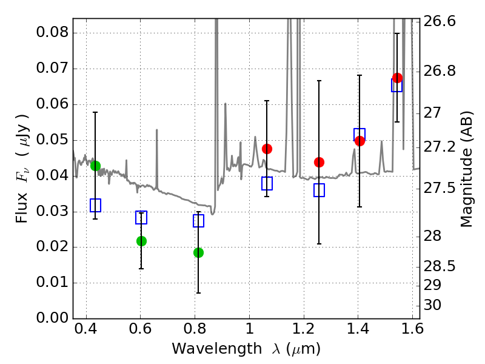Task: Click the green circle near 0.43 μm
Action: (x=95, y=166)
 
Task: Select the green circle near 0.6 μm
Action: (x=141, y=241)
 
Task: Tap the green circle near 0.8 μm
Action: (x=198, y=252)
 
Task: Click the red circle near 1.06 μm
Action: (x=267, y=149)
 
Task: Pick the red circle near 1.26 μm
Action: (x=319, y=162)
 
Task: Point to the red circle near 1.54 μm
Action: (x=397, y=78)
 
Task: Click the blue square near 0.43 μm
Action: (x=95, y=205)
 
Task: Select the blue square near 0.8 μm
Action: (x=198, y=221)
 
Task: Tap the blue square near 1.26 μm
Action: (x=319, y=190)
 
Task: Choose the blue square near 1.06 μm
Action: (x=267, y=183)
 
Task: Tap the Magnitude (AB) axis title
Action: (x=466, y=169)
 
